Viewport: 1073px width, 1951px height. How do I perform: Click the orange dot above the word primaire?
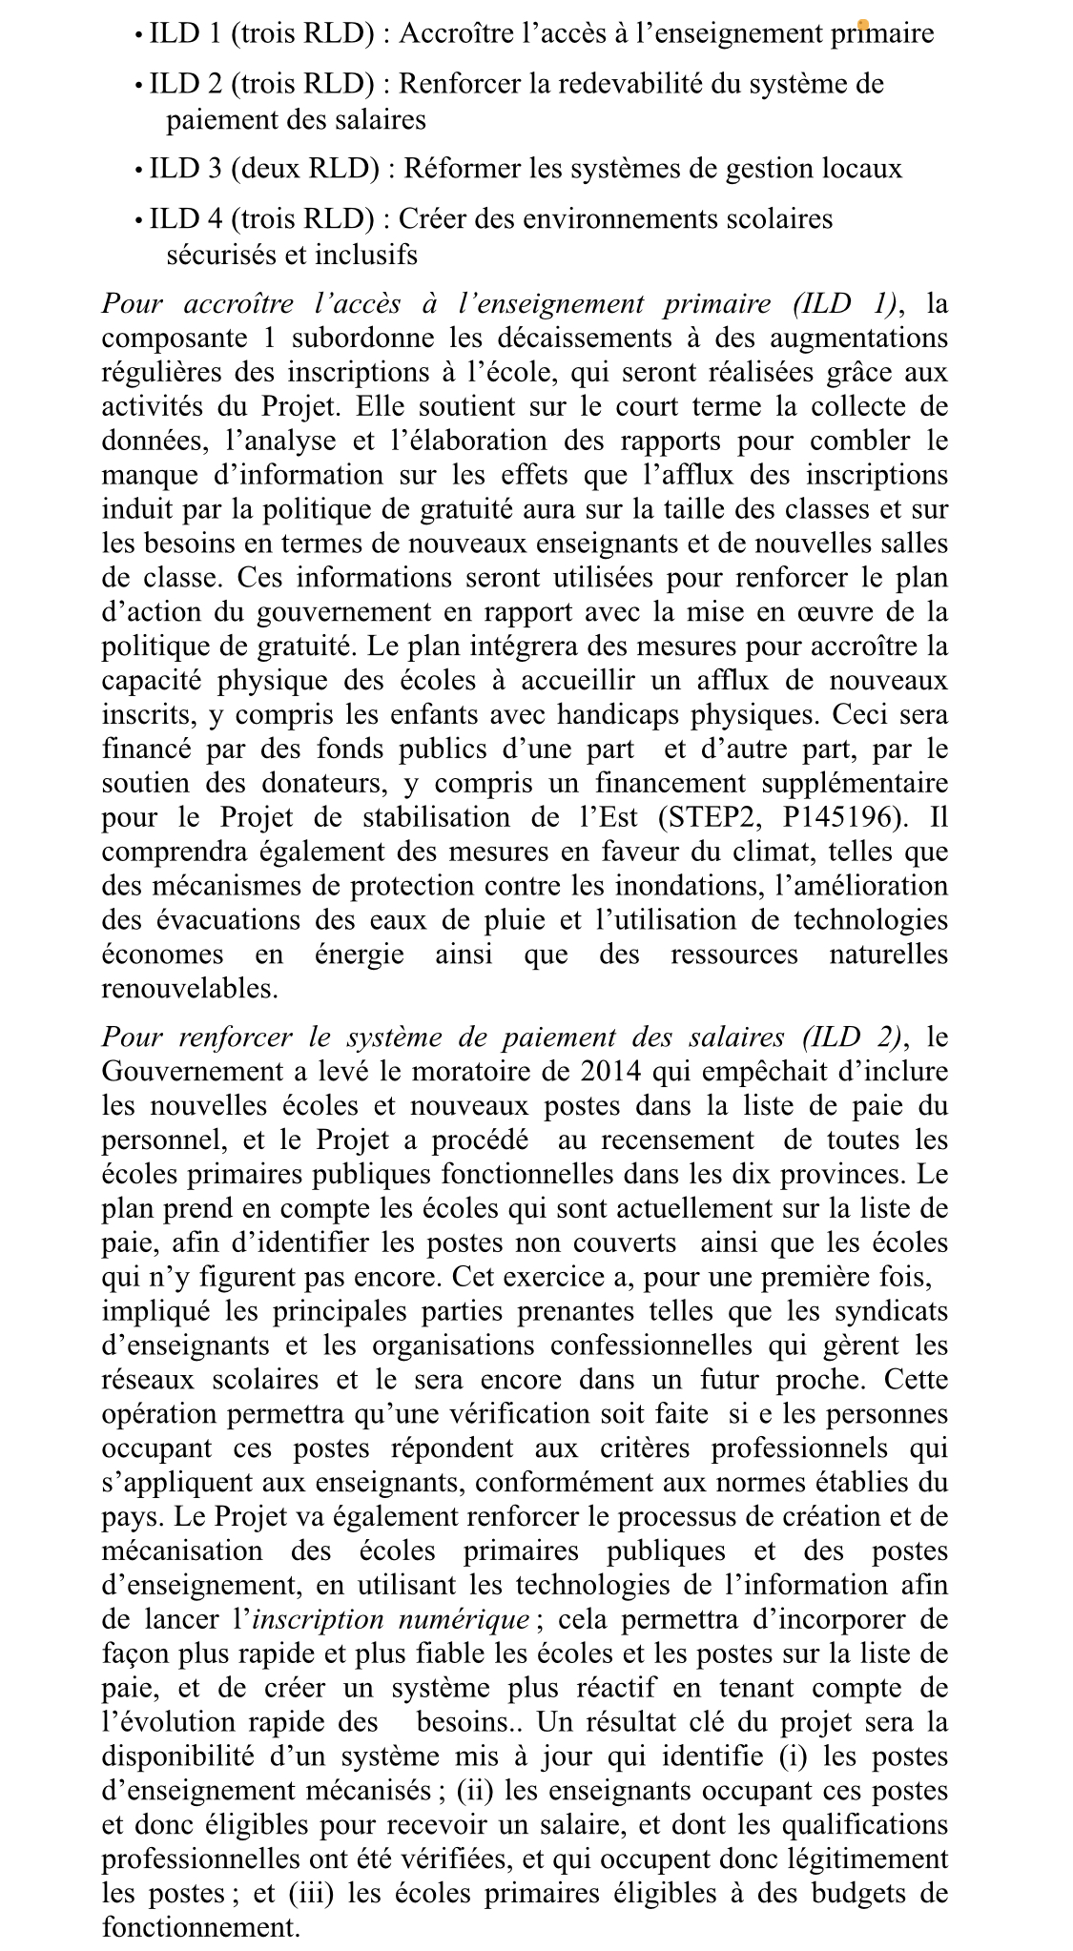point(862,24)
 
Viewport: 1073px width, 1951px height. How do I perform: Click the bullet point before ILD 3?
point(139,171)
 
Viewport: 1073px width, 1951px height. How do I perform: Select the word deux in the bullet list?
point(262,170)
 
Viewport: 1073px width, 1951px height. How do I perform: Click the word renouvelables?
point(190,989)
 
